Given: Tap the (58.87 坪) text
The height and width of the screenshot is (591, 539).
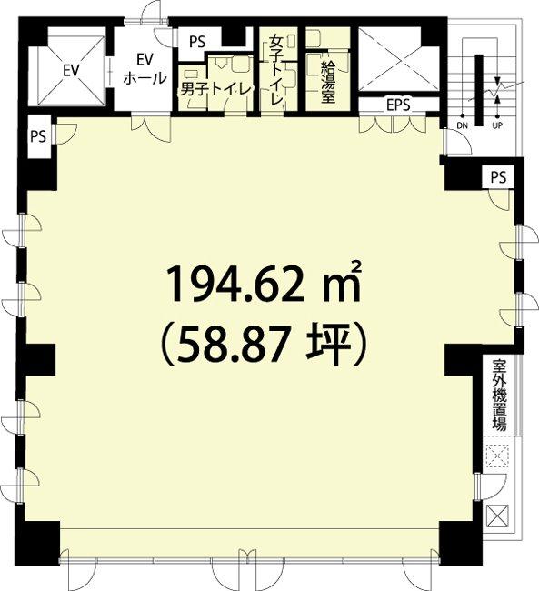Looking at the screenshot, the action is [264, 345].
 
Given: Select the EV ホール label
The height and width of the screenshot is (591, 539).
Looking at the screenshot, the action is [145, 69].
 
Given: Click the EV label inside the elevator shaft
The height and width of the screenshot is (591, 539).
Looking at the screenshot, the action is [71, 71].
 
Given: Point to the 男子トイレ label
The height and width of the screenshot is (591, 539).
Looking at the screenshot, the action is [215, 89].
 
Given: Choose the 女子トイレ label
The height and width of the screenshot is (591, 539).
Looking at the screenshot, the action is [276, 71].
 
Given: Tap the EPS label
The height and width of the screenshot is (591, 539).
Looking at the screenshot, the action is [398, 105].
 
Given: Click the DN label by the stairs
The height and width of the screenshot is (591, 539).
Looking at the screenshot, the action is [462, 125].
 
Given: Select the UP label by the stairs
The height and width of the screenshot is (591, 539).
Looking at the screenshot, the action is [497, 125].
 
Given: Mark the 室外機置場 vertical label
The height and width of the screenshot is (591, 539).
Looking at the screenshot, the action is [500, 396].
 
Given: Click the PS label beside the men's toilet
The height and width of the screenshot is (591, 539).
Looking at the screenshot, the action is [197, 42].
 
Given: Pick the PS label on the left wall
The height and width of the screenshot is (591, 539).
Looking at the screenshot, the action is [38, 136].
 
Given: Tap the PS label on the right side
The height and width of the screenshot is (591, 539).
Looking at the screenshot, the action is [498, 176].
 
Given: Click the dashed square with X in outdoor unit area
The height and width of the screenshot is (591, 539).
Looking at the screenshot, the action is [497, 456].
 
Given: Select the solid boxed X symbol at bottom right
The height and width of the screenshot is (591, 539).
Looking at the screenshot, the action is [497, 516].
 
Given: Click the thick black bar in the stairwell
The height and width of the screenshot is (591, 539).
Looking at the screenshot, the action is [479, 90].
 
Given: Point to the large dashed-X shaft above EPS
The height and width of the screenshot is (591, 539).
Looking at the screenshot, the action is [398, 59].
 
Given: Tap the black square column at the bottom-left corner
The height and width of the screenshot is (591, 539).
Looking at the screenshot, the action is [37, 539].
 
